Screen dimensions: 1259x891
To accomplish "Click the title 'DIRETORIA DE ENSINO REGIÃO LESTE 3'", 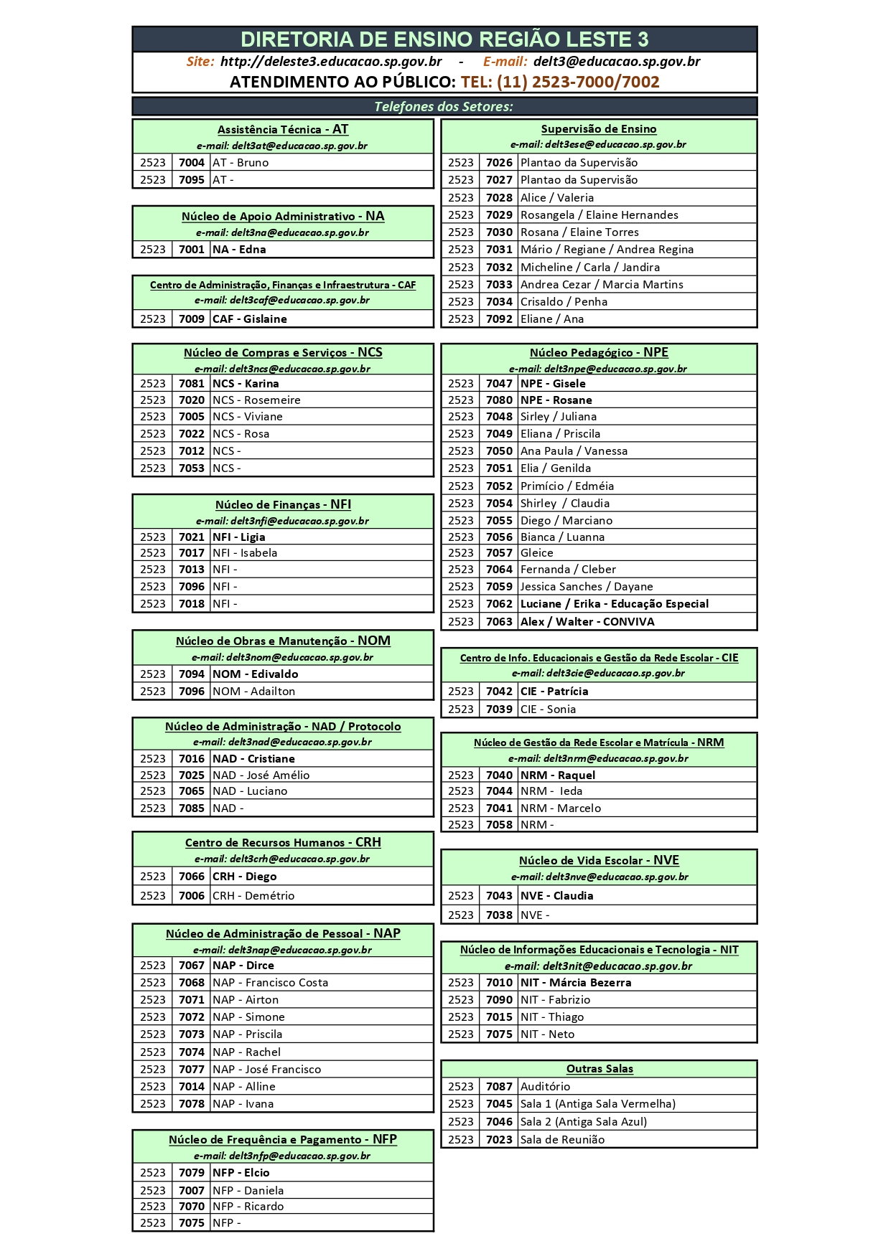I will click(444, 39).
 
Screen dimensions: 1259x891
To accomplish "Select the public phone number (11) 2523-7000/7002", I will click(560, 82).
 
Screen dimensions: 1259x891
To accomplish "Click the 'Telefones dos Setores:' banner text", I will click(444, 107).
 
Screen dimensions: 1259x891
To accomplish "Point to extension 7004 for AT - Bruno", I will click(192, 163).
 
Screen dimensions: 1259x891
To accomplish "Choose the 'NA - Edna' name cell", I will click(239, 250).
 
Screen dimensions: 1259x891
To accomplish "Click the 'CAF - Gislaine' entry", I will click(249, 319).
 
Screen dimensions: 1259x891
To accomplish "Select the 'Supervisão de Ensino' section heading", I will click(599, 129).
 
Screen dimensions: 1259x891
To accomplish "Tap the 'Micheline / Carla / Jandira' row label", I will click(589, 268).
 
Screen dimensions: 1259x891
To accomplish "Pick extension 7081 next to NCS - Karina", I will click(192, 384).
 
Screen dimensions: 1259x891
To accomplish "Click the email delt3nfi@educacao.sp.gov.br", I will click(282, 521).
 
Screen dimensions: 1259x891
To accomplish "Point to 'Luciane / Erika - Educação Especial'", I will click(614, 604).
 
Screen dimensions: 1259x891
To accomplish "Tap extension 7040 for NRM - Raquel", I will click(499, 775).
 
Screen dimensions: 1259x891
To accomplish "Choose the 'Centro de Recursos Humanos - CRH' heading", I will click(283, 843).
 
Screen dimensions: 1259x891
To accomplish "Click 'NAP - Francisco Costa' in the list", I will click(270, 983).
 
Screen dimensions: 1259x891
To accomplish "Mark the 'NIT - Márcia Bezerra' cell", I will click(576, 983).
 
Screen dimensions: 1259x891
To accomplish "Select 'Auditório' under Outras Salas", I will click(545, 1087).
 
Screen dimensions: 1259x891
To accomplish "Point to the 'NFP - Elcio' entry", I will click(241, 1173).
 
